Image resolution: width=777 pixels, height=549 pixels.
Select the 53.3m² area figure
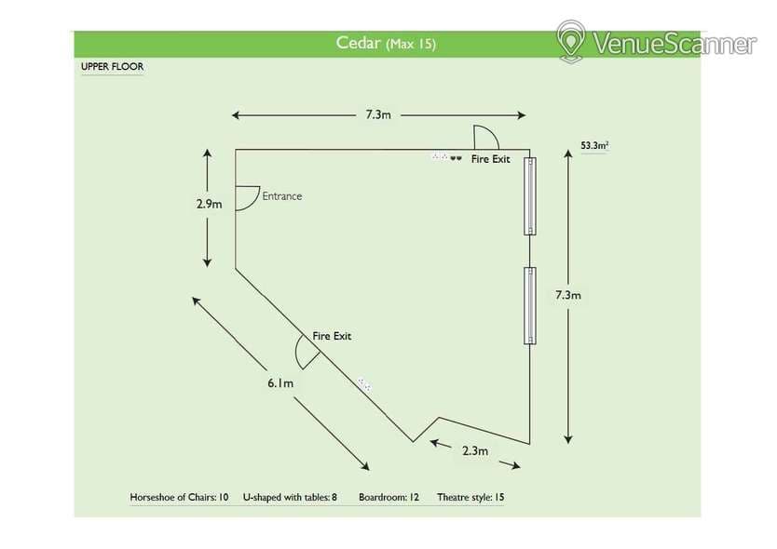coord(593,146)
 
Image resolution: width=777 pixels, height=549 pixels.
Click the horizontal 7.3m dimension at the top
coord(377,115)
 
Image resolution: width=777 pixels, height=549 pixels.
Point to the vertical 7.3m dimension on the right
coord(568,295)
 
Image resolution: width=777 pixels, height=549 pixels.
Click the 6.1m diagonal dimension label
coord(280,382)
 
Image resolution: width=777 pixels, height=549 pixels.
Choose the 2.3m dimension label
coord(475,451)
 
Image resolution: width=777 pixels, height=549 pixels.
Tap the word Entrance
coord(282,196)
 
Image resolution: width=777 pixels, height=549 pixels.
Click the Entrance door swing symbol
coord(247,197)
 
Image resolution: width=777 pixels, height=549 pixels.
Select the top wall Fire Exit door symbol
coord(486,138)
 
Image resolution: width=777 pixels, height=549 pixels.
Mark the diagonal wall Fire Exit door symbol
coord(305,351)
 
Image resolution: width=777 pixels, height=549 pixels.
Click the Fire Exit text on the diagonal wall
coord(332,336)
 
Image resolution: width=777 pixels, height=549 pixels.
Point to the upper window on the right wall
coord(530,195)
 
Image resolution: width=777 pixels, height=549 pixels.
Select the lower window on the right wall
coord(530,305)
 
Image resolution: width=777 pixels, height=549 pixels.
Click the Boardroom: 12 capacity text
coord(388,498)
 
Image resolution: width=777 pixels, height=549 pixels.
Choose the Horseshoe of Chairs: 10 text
coord(179,498)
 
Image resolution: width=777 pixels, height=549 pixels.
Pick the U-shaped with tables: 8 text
coord(290,498)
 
